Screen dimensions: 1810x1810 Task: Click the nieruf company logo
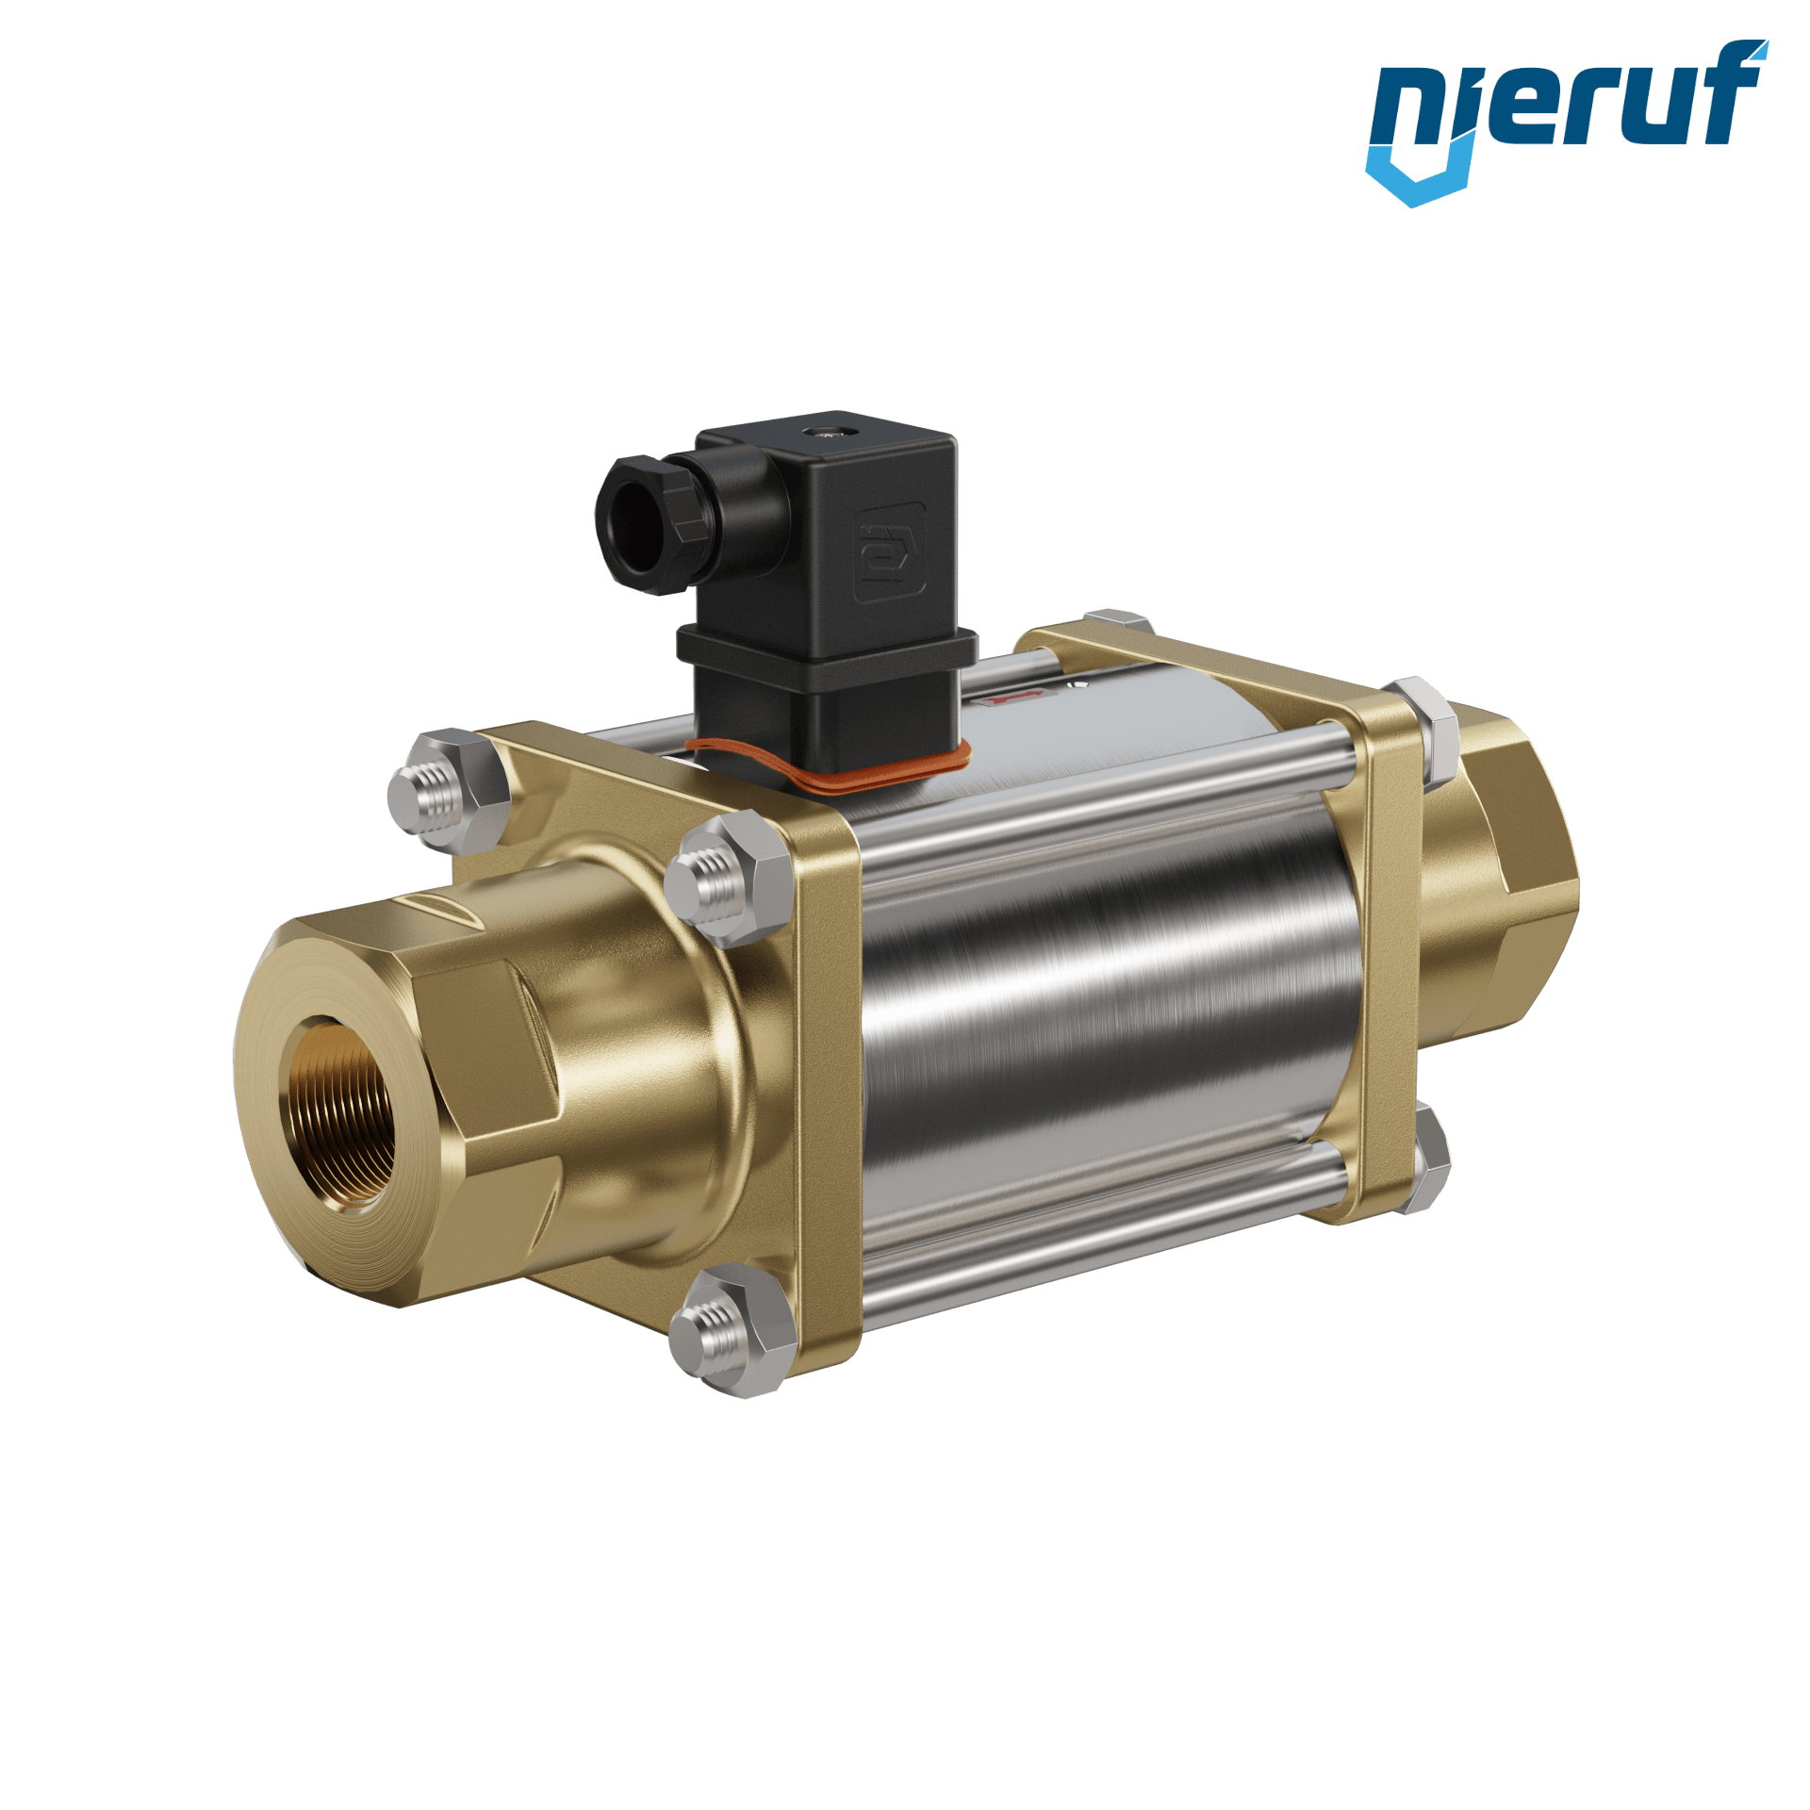click(1567, 123)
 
